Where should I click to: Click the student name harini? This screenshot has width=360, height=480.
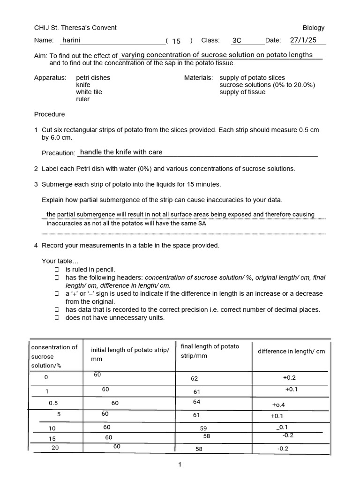click(71, 41)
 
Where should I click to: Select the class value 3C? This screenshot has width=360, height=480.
click(237, 41)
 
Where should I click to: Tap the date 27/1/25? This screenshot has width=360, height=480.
click(303, 40)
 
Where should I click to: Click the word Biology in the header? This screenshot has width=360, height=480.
click(314, 28)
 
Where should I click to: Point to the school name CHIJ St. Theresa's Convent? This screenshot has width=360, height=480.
click(75, 28)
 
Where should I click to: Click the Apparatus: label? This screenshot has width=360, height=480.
click(50, 78)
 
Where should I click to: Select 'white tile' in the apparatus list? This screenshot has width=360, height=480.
click(89, 92)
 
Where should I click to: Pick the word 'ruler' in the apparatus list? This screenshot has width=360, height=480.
click(83, 99)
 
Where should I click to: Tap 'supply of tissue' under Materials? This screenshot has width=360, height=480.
click(242, 92)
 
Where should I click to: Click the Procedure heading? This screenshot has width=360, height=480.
click(50, 114)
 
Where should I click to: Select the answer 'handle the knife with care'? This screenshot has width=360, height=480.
click(121, 152)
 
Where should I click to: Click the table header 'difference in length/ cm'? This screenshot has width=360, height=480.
click(291, 352)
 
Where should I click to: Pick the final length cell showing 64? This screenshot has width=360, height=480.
click(196, 402)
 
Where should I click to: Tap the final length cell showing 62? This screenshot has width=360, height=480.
click(195, 378)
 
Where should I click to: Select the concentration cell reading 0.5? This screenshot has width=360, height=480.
click(53, 403)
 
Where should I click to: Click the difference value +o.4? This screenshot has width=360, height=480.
click(278, 405)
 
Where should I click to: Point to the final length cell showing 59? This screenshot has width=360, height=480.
click(203, 428)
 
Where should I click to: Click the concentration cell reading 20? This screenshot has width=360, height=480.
click(55, 448)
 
